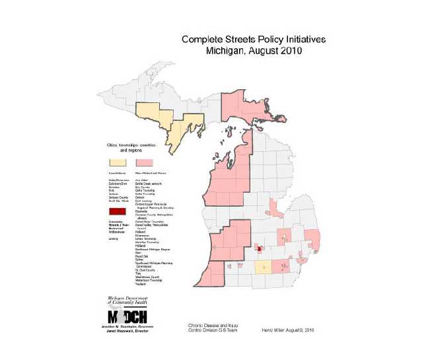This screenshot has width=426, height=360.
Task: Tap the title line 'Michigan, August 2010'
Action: [x=253, y=51]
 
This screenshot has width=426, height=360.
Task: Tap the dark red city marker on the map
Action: [x=260, y=250]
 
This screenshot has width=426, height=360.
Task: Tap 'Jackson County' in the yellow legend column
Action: [x=118, y=198]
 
